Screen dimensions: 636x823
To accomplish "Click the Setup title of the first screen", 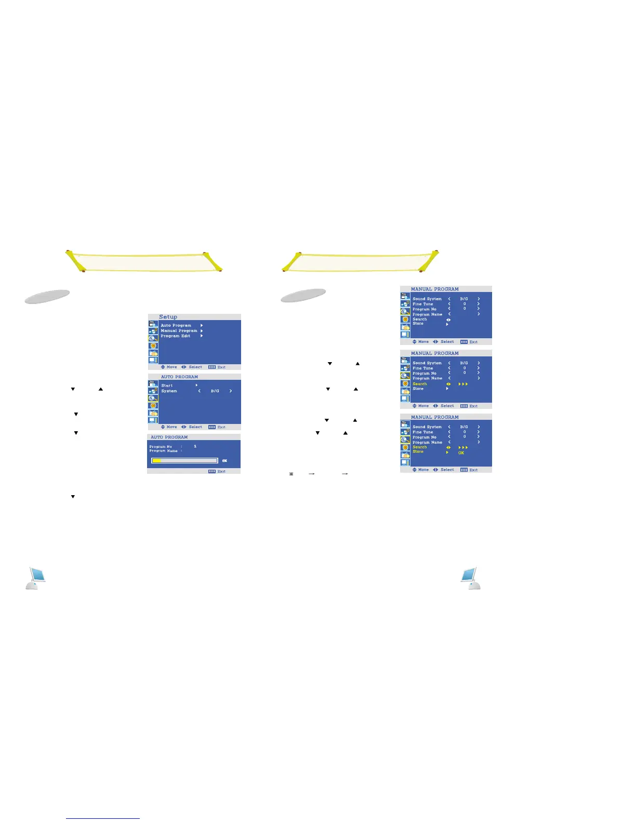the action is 168,317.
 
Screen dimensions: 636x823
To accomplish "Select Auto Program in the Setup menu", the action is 176,325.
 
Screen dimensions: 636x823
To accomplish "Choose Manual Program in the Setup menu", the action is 179,330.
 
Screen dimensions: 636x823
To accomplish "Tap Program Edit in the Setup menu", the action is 175,336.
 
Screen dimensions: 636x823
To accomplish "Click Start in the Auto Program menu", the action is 167,386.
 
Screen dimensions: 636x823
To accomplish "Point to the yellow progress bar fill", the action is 156,461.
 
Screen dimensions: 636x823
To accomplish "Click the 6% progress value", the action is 224,461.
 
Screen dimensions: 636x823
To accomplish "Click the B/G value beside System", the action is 215,391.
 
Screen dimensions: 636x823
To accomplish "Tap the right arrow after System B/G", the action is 231,391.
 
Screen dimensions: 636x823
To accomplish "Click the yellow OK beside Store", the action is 461,453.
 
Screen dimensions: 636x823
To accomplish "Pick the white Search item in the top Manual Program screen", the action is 419,319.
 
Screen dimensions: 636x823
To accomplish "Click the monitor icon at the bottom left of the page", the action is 36,578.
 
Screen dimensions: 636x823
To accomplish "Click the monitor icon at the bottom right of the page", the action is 470,578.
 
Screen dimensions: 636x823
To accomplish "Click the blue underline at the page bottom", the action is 103,818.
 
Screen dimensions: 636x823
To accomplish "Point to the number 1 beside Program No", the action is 195,446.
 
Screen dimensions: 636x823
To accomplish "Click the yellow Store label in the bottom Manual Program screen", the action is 418,452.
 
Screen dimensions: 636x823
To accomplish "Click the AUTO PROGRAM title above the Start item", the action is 179,377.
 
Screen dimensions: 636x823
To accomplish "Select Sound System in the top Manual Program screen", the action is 427,299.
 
